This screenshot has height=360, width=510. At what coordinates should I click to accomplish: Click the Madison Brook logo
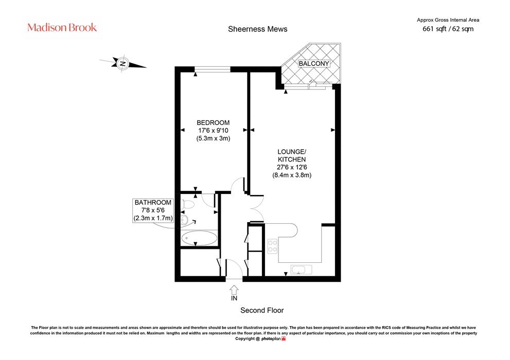62,27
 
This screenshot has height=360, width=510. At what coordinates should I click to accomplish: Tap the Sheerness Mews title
258,29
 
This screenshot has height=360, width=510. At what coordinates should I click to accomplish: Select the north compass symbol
122,63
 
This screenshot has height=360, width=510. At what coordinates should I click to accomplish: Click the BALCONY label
314,63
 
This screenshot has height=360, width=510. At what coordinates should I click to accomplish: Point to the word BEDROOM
213,123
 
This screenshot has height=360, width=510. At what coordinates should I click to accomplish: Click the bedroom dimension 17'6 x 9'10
213,131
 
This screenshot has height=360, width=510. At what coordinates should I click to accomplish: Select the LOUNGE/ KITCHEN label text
292,156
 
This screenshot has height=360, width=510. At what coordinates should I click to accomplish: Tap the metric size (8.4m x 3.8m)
292,175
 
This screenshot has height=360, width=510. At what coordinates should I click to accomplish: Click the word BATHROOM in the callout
153,203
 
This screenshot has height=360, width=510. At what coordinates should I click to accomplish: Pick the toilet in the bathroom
187,204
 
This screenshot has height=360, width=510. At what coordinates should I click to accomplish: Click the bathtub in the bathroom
199,238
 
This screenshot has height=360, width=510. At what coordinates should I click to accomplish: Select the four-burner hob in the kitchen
272,246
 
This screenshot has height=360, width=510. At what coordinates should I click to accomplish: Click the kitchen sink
301,269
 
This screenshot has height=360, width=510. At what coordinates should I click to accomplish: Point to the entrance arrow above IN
234,290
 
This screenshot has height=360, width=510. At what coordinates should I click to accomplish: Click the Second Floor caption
262,310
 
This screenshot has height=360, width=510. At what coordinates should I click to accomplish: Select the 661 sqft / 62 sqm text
448,29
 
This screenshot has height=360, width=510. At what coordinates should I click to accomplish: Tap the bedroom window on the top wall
213,69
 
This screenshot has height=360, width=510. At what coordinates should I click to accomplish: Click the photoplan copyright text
260,338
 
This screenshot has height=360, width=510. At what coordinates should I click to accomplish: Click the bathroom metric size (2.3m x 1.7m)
153,218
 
